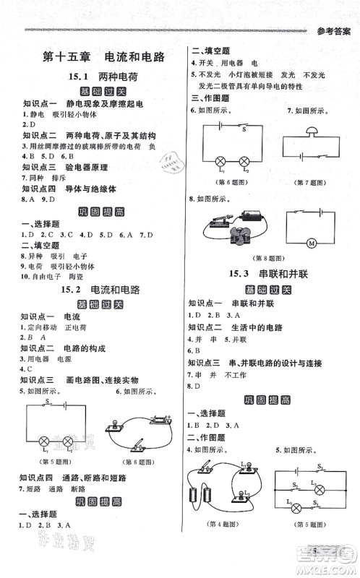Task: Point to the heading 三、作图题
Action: pyautogui.click(x=210, y=98)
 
